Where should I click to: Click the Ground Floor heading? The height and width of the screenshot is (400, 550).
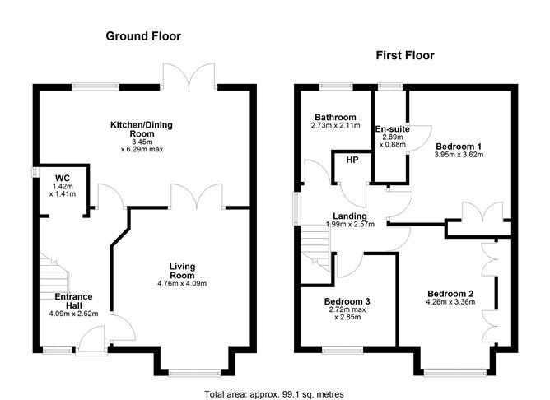(x=142, y=36)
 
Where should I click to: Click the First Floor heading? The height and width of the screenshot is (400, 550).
(x=404, y=56)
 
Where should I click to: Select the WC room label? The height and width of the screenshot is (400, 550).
(x=63, y=178)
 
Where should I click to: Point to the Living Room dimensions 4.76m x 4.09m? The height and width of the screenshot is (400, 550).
(x=181, y=284)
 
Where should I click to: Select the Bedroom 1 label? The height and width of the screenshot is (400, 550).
(x=459, y=147)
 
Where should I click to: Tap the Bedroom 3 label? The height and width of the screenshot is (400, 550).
(x=347, y=302)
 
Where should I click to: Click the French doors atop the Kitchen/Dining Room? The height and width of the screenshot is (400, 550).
(x=189, y=74)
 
